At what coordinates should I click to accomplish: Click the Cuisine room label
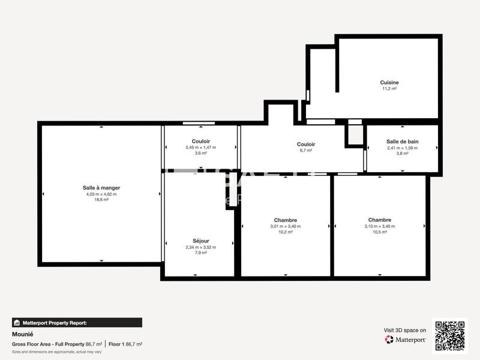(389, 83)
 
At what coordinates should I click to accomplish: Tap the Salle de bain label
(402, 142)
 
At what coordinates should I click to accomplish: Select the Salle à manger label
(101, 188)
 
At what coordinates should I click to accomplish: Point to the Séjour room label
(201, 241)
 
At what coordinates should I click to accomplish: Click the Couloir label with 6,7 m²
(306, 144)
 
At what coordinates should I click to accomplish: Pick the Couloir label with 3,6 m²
(200, 141)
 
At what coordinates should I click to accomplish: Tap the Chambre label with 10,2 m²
(286, 220)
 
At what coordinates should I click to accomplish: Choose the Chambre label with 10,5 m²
(380, 220)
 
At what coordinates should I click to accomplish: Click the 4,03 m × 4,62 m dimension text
(101, 194)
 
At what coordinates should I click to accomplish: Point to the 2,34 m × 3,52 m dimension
(201, 247)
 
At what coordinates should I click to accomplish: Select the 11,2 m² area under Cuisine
(389, 89)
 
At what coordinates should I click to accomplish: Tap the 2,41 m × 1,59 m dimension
(402, 148)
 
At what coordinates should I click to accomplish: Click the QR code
(449, 336)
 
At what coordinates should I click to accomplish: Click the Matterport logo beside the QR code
(406, 340)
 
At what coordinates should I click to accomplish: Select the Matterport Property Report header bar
(77, 322)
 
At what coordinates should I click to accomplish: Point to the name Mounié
(22, 335)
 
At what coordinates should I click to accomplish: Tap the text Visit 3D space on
(405, 330)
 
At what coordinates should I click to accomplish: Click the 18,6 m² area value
(101, 200)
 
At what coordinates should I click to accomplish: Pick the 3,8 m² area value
(402, 154)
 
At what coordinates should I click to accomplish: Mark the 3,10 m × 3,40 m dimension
(380, 226)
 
